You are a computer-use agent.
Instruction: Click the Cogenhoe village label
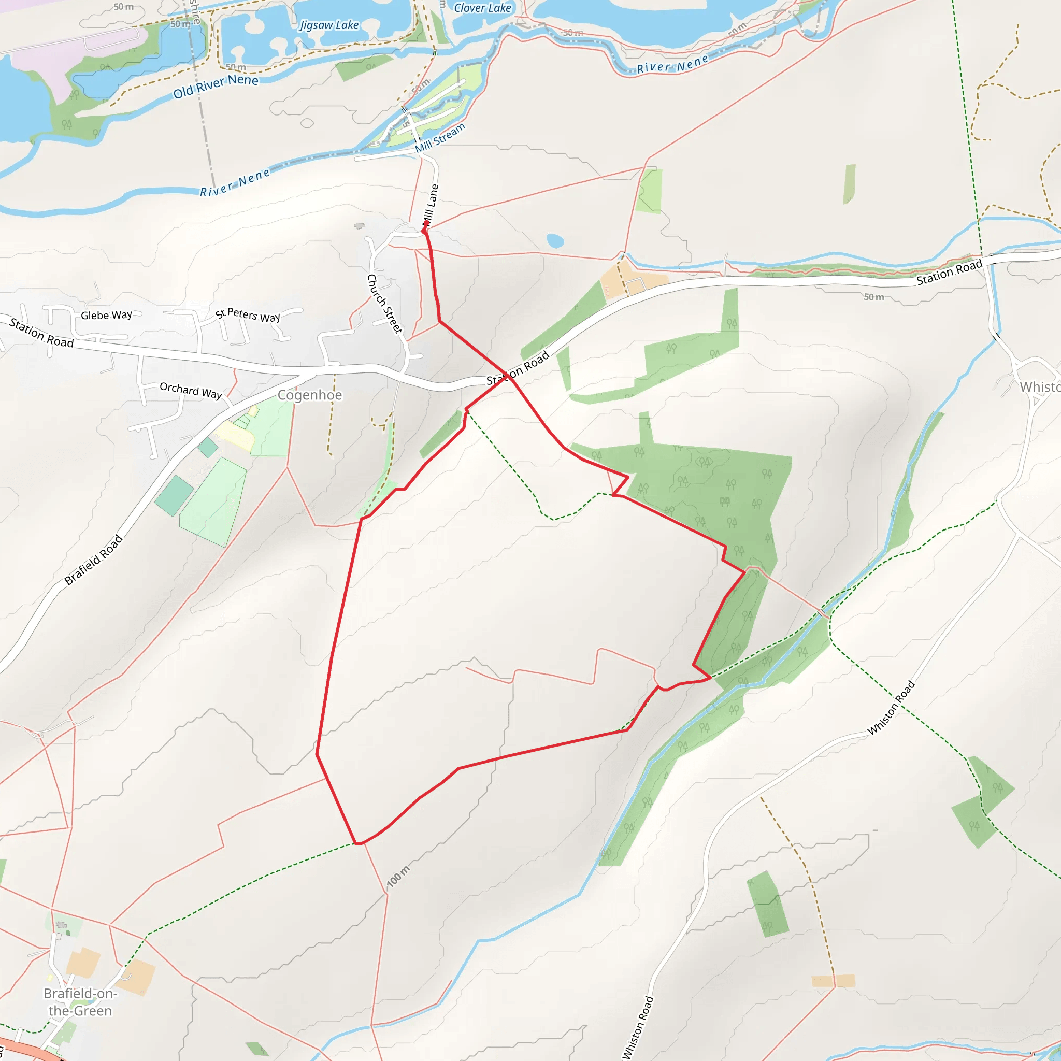(310, 395)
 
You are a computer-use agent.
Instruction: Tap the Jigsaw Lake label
(329, 25)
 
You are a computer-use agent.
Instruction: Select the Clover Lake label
(482, 8)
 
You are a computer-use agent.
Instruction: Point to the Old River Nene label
(216, 86)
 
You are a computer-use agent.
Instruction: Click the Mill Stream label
(440, 138)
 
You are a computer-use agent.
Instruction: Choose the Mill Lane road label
(431, 205)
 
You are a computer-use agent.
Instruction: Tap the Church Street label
(384, 303)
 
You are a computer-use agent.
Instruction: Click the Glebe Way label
(107, 315)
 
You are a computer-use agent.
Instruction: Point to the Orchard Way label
(191, 391)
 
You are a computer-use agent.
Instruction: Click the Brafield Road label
(93, 560)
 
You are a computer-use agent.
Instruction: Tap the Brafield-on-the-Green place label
(80, 1002)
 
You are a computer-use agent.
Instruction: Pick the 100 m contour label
(399, 877)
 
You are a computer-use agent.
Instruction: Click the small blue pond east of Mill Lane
(555, 240)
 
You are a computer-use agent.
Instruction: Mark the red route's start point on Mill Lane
(424, 231)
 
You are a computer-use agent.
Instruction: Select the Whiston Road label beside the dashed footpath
(891, 708)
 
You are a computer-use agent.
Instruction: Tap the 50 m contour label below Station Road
(874, 297)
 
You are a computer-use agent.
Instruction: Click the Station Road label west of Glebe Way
(42, 333)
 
